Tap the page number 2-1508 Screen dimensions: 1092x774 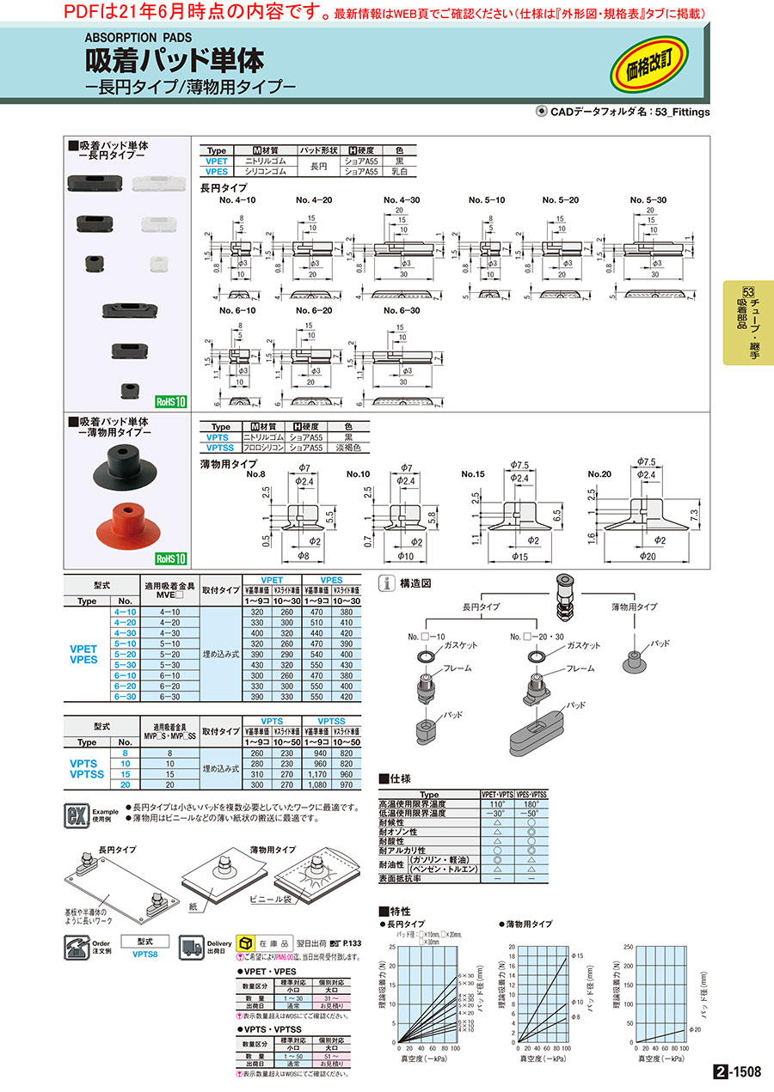click(736, 1071)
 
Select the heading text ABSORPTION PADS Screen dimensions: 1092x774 click(138, 38)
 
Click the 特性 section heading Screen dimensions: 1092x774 click(400, 911)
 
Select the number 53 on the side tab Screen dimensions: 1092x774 click(747, 292)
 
